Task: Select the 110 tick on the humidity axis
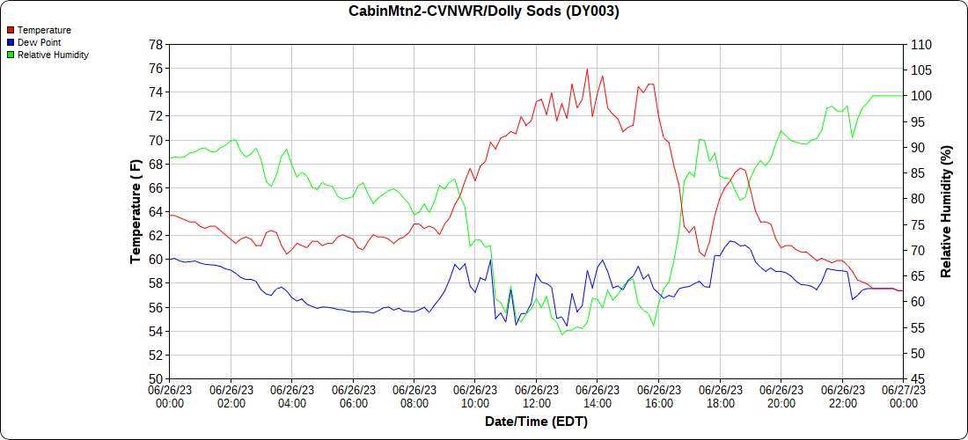pyautogui.click(x=921, y=44)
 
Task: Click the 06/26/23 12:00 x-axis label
pyautogui.click(x=537, y=396)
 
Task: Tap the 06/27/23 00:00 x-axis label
pyautogui.click(x=903, y=396)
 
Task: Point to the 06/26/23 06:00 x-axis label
pyautogui.click(x=353, y=396)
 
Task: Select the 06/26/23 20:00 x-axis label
pyautogui.click(x=781, y=396)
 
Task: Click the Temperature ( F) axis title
pyautogui.click(x=136, y=211)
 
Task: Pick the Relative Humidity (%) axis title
pyautogui.click(x=947, y=211)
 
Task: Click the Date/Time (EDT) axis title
pyautogui.click(x=536, y=422)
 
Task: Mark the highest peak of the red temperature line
pyautogui.click(x=587, y=69)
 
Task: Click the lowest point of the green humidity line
pyautogui.click(x=561, y=334)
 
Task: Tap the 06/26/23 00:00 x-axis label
pyautogui.click(x=170, y=396)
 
